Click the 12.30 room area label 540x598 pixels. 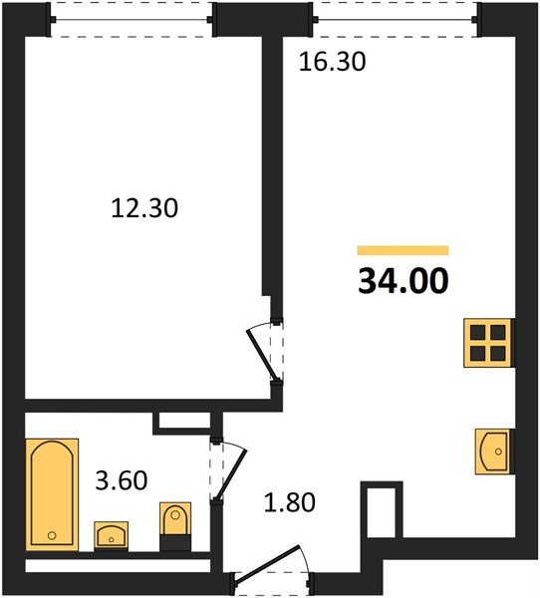[144, 209]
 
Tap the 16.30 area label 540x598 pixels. [332, 62]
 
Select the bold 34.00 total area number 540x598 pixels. [404, 281]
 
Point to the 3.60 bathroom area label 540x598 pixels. [122, 480]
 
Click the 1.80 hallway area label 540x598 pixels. [290, 502]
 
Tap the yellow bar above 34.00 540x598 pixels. [403, 250]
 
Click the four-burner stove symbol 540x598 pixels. [488, 343]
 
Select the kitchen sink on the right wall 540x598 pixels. [493, 451]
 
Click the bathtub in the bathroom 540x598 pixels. [52, 494]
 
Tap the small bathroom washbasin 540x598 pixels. [111, 536]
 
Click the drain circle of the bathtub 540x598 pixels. [52, 536]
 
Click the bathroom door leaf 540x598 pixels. [231, 475]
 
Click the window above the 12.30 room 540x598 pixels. [132, 20]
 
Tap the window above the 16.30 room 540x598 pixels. [395, 20]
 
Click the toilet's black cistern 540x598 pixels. [175, 543]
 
